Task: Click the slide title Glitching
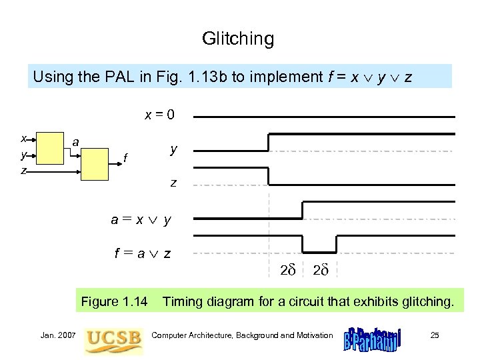(238, 39)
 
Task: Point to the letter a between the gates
(77, 142)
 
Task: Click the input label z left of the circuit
(23, 171)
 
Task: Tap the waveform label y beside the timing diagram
(173, 149)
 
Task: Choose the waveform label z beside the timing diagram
(173, 181)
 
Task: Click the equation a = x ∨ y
(141, 218)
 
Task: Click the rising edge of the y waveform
(268, 142)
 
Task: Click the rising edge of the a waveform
(302, 209)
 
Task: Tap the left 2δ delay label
(287, 270)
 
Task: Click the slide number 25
(435, 335)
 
